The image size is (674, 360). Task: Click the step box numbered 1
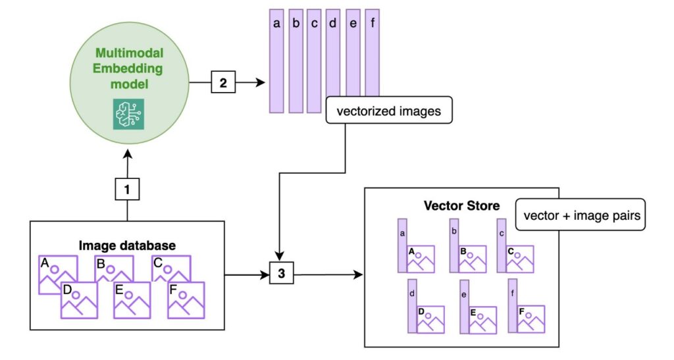tap(126, 190)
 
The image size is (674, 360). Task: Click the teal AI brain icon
tap(128, 114)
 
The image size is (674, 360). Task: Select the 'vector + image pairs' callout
tap(579, 216)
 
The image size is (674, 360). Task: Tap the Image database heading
tap(127, 245)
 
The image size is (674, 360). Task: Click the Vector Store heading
tap(461, 206)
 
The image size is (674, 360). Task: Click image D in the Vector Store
tap(430, 319)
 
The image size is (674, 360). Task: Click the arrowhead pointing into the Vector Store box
tap(360, 274)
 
